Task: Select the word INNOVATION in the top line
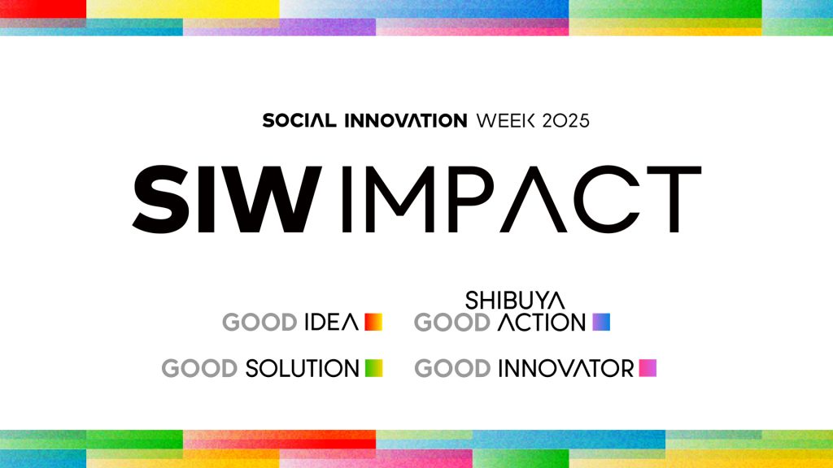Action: click(406, 120)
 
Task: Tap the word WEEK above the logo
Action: click(506, 120)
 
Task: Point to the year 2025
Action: click(566, 120)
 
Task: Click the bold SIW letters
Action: click(228, 199)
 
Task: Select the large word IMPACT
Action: click(521, 199)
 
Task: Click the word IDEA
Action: click(332, 322)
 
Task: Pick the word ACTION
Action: click(541, 322)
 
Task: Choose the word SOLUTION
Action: click(303, 368)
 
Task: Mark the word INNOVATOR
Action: click(566, 368)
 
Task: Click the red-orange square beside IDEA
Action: click(373, 322)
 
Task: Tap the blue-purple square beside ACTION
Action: click(601, 322)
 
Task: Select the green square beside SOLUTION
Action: click(374, 368)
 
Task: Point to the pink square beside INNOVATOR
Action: click(648, 368)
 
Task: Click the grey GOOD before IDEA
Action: click(259, 322)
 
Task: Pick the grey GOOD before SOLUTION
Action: click(200, 368)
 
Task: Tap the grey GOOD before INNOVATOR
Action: click(452, 368)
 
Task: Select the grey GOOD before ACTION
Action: click(452, 322)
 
